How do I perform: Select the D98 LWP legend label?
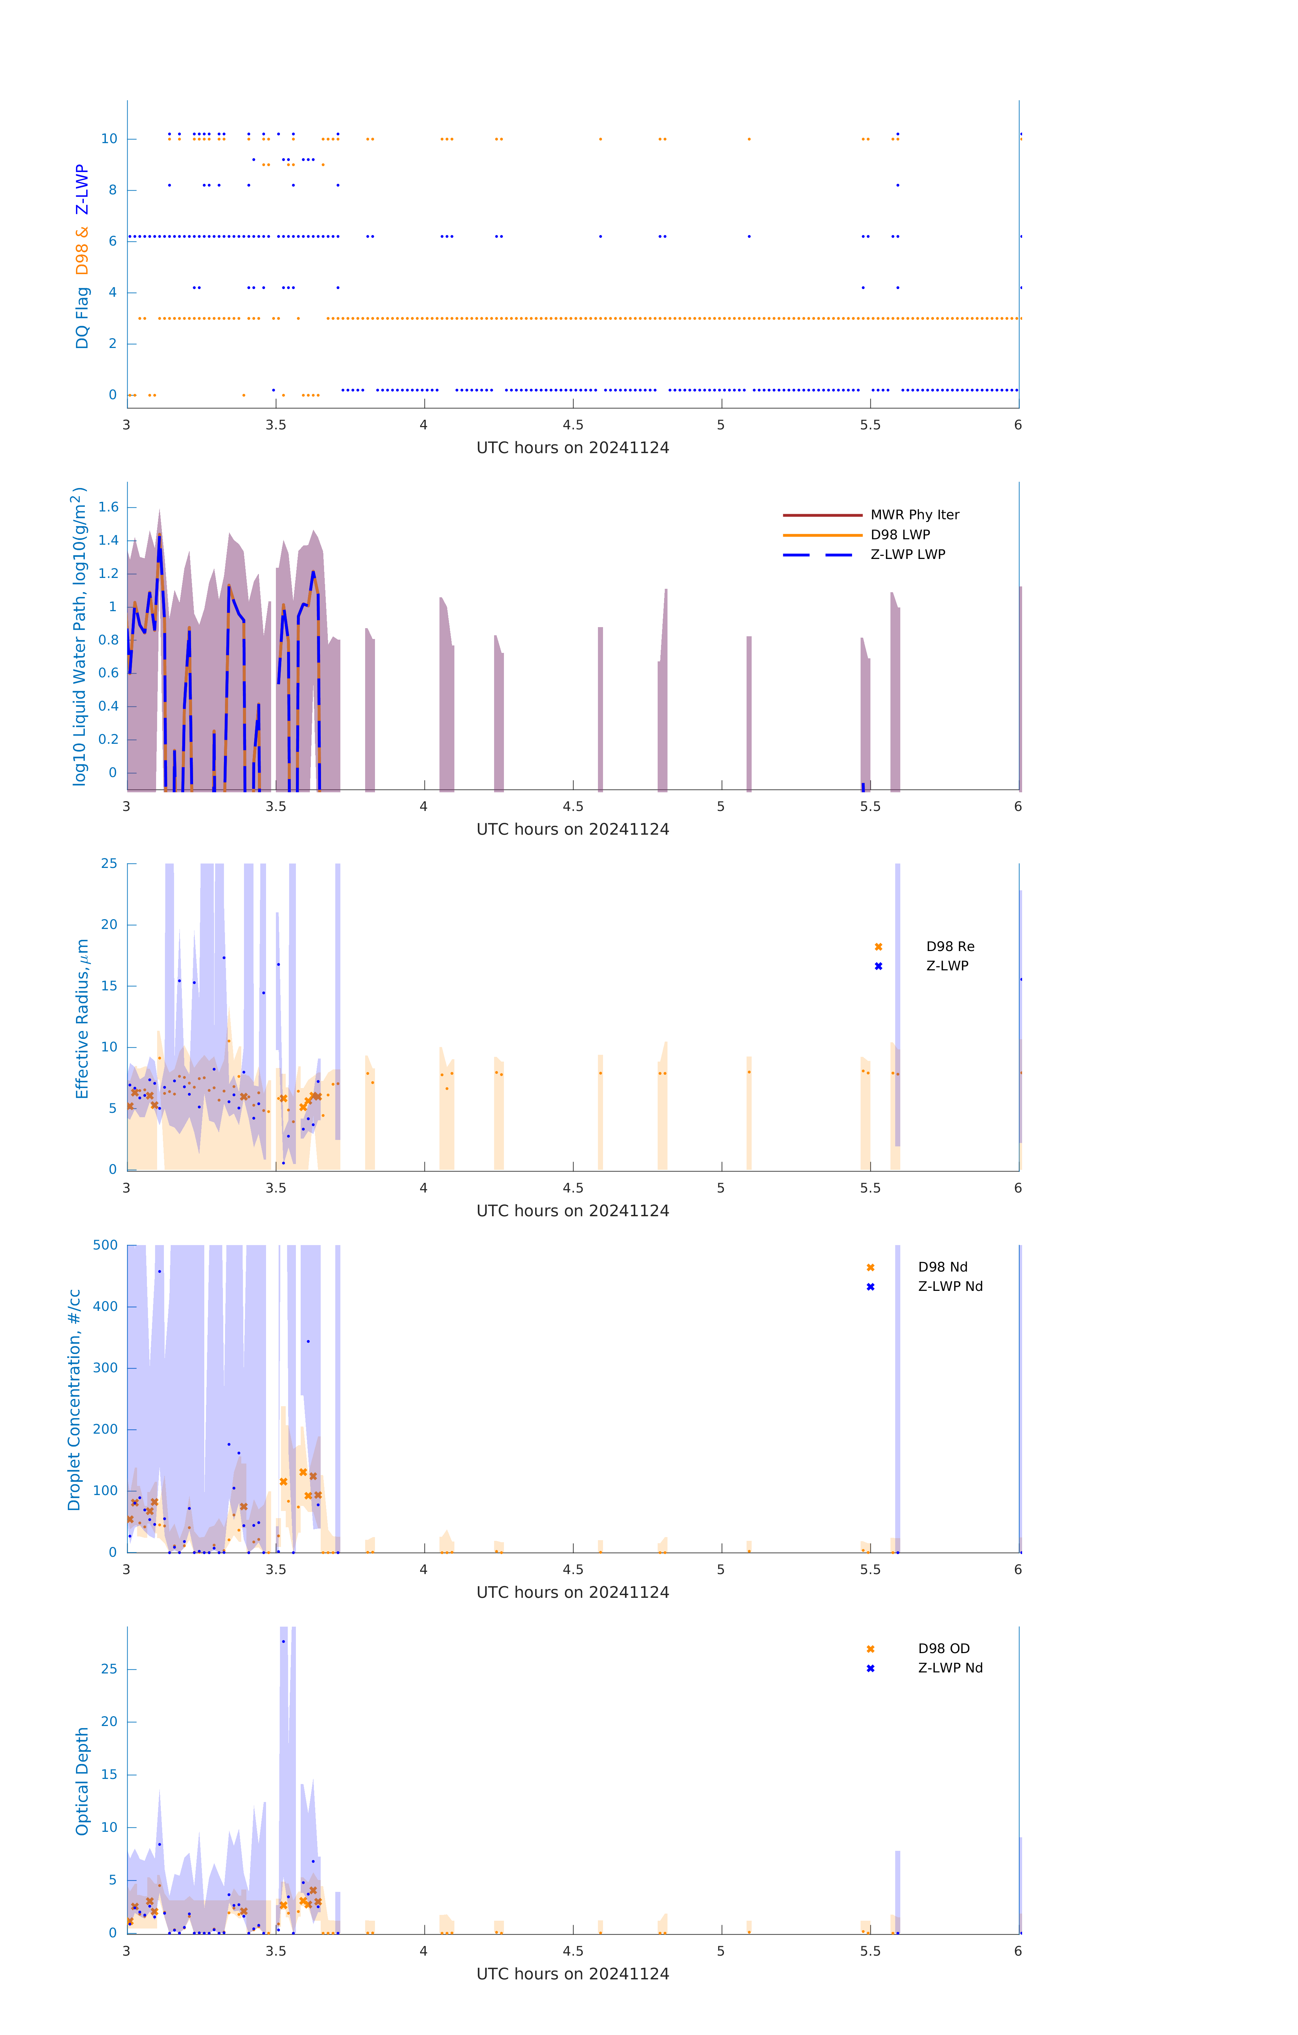[x=900, y=535]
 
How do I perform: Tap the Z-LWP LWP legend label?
[x=907, y=555]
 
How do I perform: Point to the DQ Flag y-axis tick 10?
[x=109, y=139]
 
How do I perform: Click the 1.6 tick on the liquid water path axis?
[x=108, y=507]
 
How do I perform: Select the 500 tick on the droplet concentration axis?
[x=106, y=1245]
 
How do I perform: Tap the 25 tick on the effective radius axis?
[x=109, y=864]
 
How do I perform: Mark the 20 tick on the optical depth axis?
[x=109, y=1722]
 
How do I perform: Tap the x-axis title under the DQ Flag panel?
[x=572, y=448]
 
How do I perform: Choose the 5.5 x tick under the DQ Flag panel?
[x=870, y=425]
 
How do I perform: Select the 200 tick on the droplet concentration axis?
[x=106, y=1429]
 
